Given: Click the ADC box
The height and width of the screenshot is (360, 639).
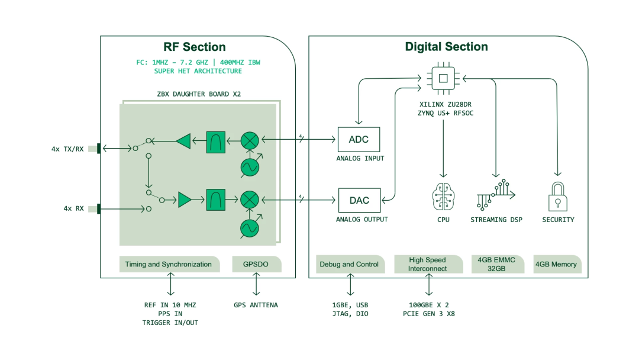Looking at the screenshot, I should (x=359, y=140).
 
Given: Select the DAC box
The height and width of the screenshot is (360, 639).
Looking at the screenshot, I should (x=359, y=200).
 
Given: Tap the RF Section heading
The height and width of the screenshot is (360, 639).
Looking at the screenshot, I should (x=194, y=47).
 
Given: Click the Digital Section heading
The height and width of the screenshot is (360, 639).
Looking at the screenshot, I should (x=446, y=47).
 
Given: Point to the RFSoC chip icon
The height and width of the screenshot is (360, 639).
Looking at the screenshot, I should (x=443, y=77).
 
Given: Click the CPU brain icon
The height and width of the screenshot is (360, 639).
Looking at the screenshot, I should (x=443, y=196).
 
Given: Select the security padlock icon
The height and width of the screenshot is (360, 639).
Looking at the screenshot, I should (x=558, y=197).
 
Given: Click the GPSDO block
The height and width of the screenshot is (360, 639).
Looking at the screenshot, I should (x=256, y=264).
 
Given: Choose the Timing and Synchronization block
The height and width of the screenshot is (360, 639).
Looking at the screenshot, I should (x=169, y=264).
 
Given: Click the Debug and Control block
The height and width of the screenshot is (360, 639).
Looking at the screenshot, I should (x=349, y=264).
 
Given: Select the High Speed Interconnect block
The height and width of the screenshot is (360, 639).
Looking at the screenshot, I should (x=427, y=264).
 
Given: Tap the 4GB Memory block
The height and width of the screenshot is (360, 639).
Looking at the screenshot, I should (x=556, y=264).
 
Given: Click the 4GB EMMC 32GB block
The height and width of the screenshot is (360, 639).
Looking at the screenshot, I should (x=497, y=264).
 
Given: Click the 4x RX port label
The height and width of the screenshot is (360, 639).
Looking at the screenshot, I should (x=74, y=208).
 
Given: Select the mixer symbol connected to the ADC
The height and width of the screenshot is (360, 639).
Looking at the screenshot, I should (x=250, y=140).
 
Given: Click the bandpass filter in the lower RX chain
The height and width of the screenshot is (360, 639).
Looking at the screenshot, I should (x=216, y=200).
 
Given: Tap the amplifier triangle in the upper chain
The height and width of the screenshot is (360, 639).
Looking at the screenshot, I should (x=183, y=141).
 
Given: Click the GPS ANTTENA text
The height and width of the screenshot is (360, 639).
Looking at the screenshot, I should (x=256, y=305).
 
